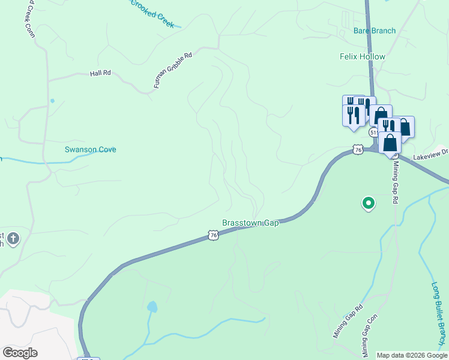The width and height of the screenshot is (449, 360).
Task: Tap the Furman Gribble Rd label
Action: point(172,70)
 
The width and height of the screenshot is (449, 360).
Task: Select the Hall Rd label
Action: point(100,73)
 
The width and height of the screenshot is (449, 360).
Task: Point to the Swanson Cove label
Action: point(91,149)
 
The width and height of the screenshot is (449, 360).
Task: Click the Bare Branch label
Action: point(375,31)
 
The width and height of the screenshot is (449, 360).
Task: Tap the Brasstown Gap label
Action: point(251,223)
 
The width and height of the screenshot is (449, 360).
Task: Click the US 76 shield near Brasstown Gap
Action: point(214,236)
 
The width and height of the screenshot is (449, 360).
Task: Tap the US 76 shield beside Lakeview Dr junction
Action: point(358,149)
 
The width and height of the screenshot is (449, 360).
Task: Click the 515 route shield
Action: point(374,132)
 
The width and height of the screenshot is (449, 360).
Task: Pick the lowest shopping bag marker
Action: point(390,143)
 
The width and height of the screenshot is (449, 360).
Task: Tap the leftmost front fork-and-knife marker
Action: point(351,114)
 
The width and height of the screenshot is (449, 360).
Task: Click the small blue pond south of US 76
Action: point(152,307)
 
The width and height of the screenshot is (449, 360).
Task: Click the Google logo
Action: point(20,353)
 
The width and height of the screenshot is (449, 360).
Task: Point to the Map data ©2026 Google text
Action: point(412,355)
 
